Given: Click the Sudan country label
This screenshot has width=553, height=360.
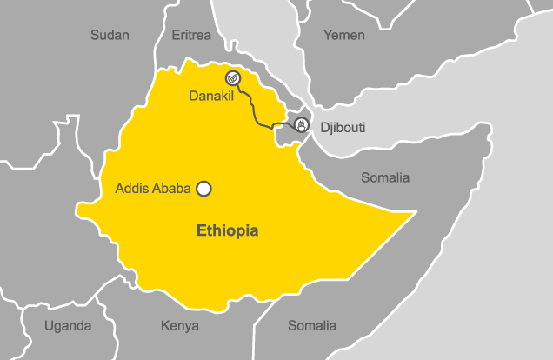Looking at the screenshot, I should [x=110, y=35].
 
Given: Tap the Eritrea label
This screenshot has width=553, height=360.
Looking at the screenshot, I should [x=190, y=35].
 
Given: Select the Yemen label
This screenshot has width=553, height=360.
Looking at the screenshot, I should [x=343, y=35].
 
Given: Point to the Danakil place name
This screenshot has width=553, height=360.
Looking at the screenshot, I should [x=210, y=96].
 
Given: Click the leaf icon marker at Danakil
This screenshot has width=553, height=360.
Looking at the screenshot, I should [x=233, y=77].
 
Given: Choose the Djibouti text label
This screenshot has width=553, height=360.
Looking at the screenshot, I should [x=343, y=128].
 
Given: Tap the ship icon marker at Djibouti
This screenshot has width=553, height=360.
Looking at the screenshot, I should [x=302, y=124].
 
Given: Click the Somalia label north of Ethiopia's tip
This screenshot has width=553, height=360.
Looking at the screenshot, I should [x=385, y=177].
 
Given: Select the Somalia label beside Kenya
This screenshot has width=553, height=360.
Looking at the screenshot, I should [x=311, y=325].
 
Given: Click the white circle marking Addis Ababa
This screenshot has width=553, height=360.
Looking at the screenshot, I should [x=204, y=188].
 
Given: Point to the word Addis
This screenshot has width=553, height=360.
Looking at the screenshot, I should [x=132, y=188].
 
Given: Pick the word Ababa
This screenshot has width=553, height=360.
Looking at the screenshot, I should [x=172, y=188].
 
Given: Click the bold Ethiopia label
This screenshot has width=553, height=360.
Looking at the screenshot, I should [x=227, y=231].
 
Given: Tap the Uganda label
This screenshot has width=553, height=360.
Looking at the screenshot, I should [x=68, y=326].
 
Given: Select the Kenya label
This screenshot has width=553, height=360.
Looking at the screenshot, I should [x=180, y=326].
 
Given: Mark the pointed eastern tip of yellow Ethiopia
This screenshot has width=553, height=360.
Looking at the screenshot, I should [x=416, y=211].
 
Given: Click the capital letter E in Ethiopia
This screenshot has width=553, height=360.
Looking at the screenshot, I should [x=202, y=231].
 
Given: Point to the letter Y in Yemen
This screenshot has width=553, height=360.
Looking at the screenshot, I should [x=328, y=35].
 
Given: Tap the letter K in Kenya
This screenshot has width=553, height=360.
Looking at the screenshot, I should [x=165, y=326].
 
